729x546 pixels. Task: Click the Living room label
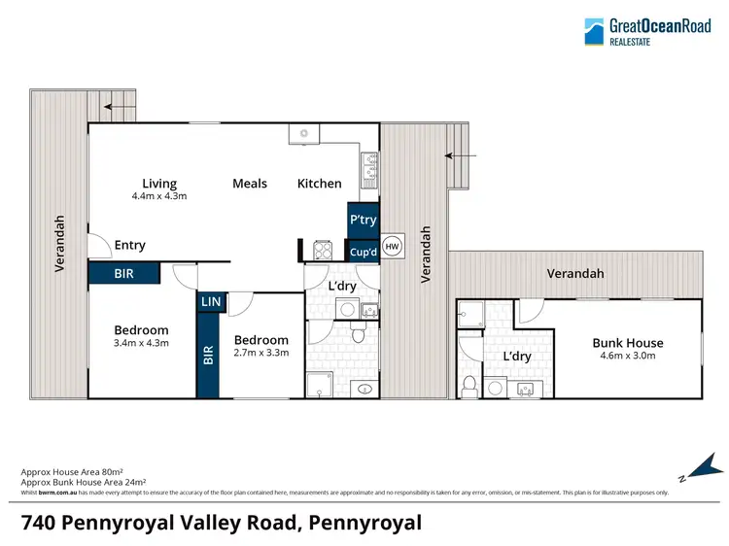(159, 183)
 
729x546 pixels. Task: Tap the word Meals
(250, 183)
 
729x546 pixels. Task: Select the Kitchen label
(319, 183)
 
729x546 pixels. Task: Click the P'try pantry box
(363, 220)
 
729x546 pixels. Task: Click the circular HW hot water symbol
(392, 247)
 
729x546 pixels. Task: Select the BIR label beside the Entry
(123, 274)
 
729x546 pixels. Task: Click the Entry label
(130, 246)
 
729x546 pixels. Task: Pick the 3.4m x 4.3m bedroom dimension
(141, 343)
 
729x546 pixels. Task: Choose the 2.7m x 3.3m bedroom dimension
(261, 353)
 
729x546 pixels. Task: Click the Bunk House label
(628, 342)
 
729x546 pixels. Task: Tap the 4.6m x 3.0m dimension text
(628, 355)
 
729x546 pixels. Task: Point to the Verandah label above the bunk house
(574, 274)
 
